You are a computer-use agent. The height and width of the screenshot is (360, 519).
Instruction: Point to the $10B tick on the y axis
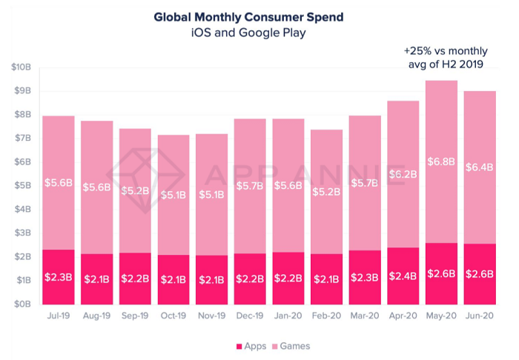[20, 67]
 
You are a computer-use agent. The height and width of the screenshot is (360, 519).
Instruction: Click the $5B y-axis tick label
[20, 186]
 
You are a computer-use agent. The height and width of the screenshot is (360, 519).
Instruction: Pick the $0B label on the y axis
[20, 304]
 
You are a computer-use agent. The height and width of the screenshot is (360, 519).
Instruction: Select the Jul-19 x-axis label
[58, 316]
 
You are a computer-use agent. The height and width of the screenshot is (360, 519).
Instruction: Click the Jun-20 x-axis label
[479, 316]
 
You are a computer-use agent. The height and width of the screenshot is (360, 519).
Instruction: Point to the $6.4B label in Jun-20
[479, 167]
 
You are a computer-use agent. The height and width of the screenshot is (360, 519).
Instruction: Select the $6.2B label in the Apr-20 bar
[403, 175]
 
